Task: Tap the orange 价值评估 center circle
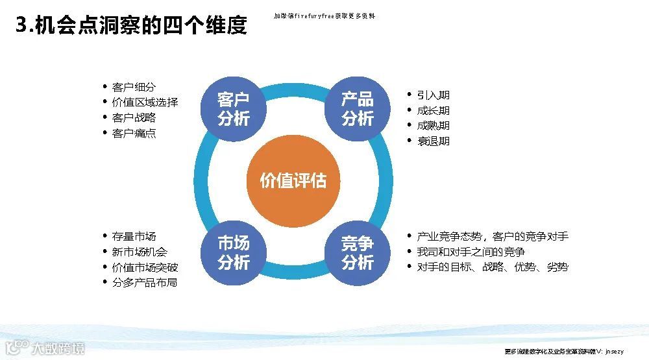tap(293, 180)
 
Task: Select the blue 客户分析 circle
tap(233, 109)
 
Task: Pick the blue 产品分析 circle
tap(358, 109)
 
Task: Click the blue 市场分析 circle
tap(233, 253)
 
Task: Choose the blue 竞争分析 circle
tap(358, 253)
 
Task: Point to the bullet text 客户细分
tap(134, 87)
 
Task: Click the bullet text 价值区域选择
tap(145, 102)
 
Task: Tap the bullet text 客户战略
tap(134, 118)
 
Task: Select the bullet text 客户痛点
tap(134, 134)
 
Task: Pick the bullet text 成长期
tap(433, 110)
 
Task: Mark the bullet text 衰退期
tap(433, 141)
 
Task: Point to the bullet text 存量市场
tap(134, 236)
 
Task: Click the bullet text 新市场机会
tap(140, 252)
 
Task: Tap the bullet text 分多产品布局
tap(144, 283)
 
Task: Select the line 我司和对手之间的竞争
tap(471, 252)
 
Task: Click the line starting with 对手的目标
tap(492, 267)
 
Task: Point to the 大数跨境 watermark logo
tap(45, 348)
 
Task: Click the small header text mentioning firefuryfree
tap(324, 16)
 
